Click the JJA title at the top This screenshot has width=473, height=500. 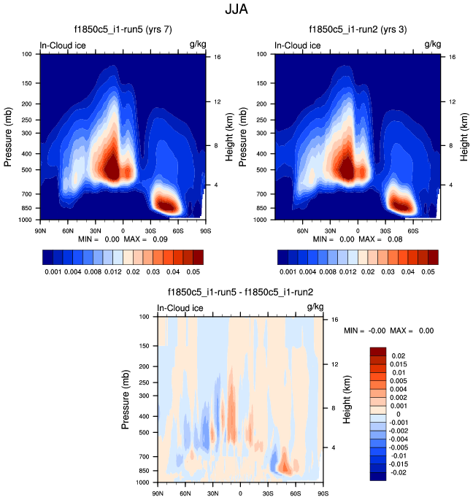236,10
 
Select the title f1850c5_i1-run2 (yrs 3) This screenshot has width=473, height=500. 357,30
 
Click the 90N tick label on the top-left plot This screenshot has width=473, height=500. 40,229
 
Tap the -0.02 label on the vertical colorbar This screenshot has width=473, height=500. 399,473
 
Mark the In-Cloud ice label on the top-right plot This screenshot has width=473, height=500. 297,45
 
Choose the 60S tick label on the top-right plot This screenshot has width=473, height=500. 412,229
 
